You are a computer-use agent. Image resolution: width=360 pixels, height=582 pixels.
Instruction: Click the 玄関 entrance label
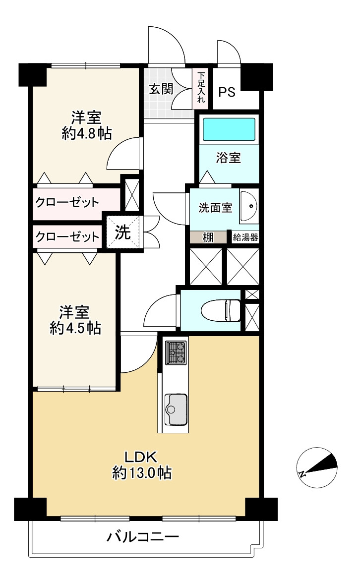pyautogui.click(x=161, y=89)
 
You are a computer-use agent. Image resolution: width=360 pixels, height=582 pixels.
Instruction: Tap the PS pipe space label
pyautogui.click(x=227, y=92)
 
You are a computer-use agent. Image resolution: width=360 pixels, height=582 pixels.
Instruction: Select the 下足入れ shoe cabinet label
pyautogui.click(x=201, y=87)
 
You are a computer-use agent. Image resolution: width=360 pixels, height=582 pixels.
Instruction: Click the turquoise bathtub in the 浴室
pyautogui.click(x=229, y=129)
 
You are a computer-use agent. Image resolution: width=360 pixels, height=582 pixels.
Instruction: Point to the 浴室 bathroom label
pyautogui.click(x=229, y=158)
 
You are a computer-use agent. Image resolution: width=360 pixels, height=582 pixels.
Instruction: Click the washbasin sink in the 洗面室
pyautogui.click(x=249, y=206)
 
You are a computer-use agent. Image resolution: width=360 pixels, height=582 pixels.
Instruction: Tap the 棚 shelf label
pyautogui.click(x=208, y=237)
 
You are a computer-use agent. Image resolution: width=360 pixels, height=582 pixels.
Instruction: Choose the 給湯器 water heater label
pyautogui.click(x=245, y=237)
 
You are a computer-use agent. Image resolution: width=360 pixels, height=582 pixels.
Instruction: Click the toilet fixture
pyautogui.click(x=221, y=310)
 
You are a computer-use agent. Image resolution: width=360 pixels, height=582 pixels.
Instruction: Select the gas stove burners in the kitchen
pyautogui.click(x=176, y=352)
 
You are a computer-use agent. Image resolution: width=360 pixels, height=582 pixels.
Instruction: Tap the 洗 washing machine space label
pyautogui.click(x=122, y=232)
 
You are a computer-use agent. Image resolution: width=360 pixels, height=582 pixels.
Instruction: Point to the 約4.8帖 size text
pyautogui.click(x=86, y=133)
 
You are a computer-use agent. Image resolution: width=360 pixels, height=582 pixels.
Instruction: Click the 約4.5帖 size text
pyautogui.click(x=75, y=328)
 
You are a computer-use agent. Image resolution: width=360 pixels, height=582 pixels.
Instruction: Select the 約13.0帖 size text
pyautogui.click(x=142, y=472)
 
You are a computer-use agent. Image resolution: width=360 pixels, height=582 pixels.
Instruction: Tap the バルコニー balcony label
pyautogui.click(x=143, y=537)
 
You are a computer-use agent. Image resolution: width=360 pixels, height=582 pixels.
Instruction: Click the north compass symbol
pyautogui.click(x=317, y=467)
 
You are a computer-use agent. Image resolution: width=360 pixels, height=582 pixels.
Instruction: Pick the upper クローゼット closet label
pyautogui.click(x=67, y=202)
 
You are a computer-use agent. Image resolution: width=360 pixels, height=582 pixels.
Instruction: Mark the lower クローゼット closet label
pyautogui.click(x=67, y=236)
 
